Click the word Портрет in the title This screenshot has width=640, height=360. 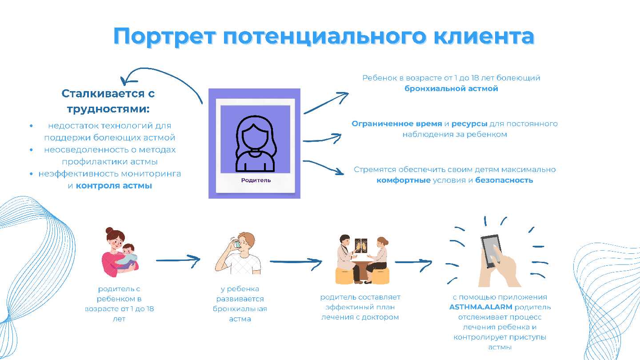click(x=164, y=37)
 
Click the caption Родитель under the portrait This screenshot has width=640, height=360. click(x=256, y=180)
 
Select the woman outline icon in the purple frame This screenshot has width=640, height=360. click(x=256, y=144)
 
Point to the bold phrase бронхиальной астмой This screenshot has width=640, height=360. click(x=451, y=88)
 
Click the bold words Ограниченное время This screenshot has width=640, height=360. click(x=396, y=124)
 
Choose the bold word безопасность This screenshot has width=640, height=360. click(x=504, y=180)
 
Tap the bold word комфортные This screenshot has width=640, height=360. click(x=404, y=180)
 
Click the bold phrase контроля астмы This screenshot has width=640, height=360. click(x=114, y=186)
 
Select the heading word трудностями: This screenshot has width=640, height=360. click(x=108, y=109)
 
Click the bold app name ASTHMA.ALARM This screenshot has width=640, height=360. click(x=480, y=307)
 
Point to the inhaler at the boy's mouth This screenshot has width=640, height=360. click(x=237, y=244)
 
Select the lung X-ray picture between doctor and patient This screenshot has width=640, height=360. click(x=361, y=246)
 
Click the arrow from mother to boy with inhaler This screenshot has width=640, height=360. click(x=178, y=260)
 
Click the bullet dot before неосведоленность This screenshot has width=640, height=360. click(x=31, y=150)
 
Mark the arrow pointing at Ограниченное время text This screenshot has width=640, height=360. click(x=322, y=139)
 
